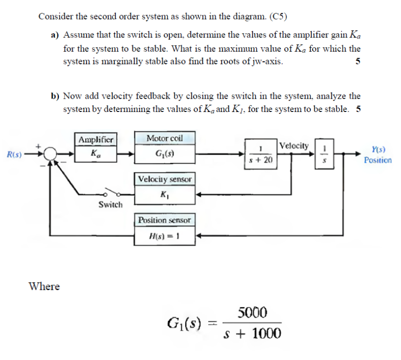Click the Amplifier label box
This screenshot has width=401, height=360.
click(96, 139)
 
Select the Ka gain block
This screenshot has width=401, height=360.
click(96, 154)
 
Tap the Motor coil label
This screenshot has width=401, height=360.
click(165, 138)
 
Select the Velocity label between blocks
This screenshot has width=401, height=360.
click(294, 146)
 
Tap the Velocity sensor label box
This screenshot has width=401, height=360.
click(165, 179)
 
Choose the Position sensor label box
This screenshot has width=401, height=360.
click(165, 220)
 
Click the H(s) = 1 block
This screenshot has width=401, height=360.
click(165, 236)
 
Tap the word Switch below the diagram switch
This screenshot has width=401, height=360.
click(111, 204)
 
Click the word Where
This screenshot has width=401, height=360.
click(45, 286)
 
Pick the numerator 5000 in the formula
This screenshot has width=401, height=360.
click(252, 313)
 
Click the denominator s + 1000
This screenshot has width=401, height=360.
click(252, 334)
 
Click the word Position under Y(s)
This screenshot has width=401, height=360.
click(378, 160)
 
